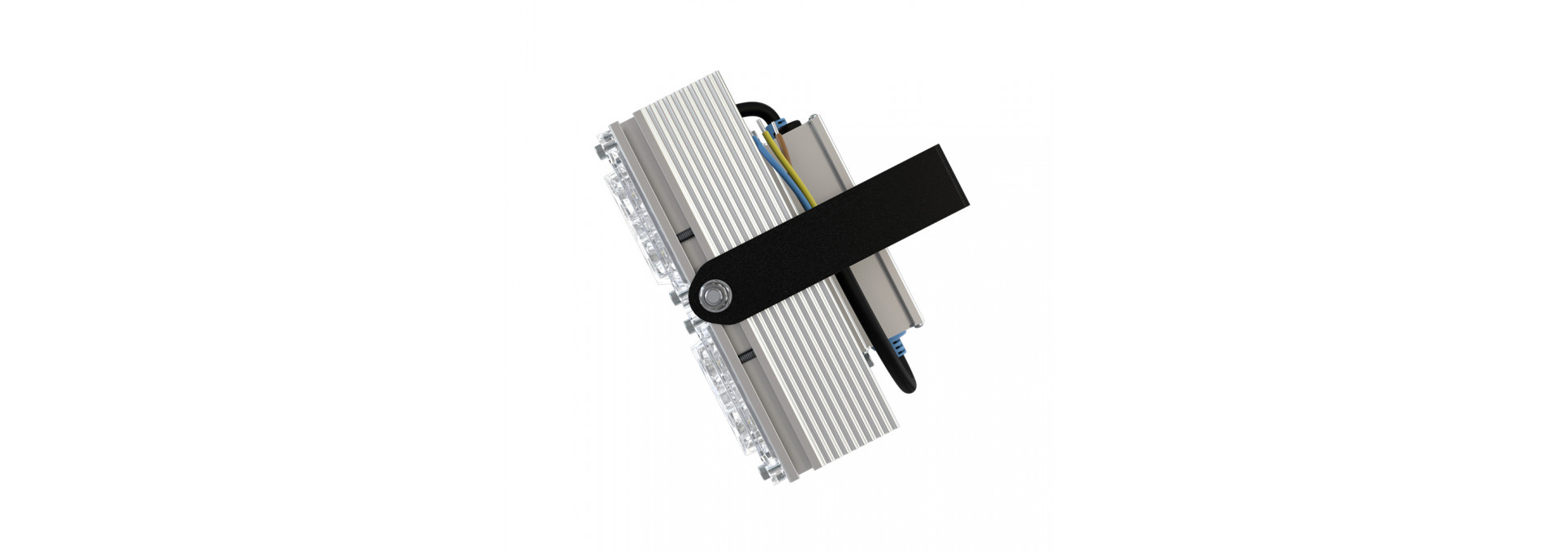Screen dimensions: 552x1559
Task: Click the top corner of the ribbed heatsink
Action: click(719, 76)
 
